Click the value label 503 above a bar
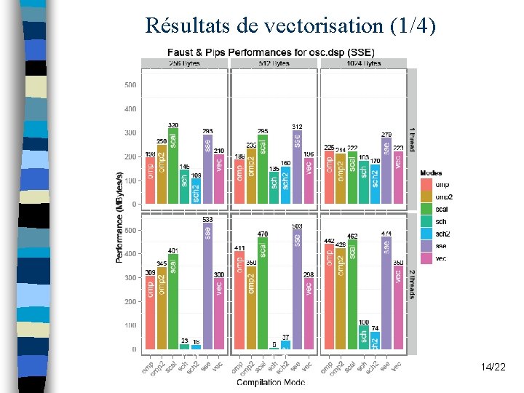297,226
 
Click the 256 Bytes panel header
184,63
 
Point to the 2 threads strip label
411,284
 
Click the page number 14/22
493,368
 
